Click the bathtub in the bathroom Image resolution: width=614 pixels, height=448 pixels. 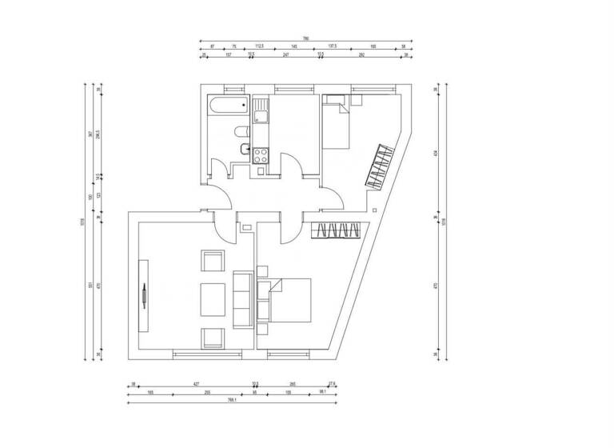click(x=227, y=106)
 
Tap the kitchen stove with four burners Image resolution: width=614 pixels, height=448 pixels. click(x=260, y=154)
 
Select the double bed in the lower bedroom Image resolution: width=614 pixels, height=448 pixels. click(x=289, y=299)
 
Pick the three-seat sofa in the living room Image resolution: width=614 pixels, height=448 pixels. click(x=242, y=299)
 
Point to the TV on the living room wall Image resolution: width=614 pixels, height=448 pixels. click(x=144, y=295)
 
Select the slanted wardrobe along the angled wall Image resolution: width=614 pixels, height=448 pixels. click(x=380, y=166)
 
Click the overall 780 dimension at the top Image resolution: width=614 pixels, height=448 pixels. click(x=305, y=38)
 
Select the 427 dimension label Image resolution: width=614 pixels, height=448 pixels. click(x=194, y=384)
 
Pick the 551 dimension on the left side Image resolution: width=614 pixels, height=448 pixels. click(x=90, y=285)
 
